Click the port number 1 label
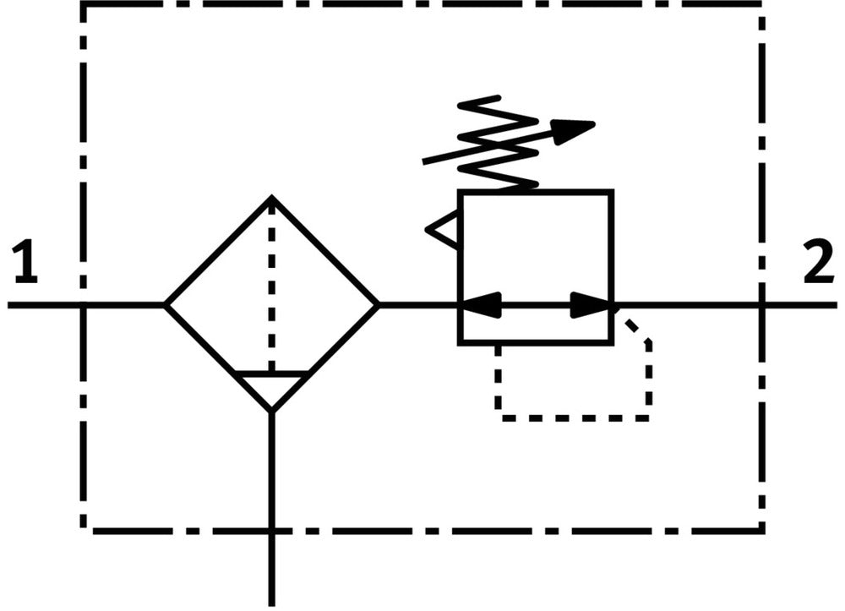(x=26, y=263)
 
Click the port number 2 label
(x=819, y=262)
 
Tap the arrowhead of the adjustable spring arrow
(x=574, y=131)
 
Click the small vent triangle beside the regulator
(x=443, y=230)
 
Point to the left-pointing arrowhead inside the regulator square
(x=482, y=305)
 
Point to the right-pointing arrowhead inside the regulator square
(x=591, y=305)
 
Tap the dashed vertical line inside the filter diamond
(x=271, y=286)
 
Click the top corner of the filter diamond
(x=271, y=197)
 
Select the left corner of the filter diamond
(x=166, y=306)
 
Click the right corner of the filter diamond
(x=378, y=306)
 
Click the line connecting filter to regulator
(x=419, y=306)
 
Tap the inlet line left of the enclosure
(x=46, y=306)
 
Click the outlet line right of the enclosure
(x=799, y=306)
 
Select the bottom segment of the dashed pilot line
(x=574, y=418)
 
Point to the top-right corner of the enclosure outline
(x=761, y=5)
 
